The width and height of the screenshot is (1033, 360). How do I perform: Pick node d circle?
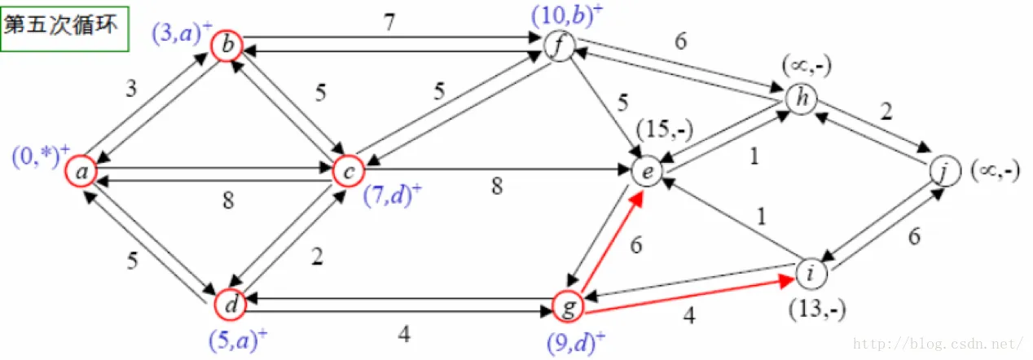[x=231, y=306]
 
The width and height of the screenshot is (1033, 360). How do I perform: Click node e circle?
[x=647, y=172]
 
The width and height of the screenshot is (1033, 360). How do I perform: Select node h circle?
[x=801, y=99]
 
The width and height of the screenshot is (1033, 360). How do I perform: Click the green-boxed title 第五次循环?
[x=64, y=25]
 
